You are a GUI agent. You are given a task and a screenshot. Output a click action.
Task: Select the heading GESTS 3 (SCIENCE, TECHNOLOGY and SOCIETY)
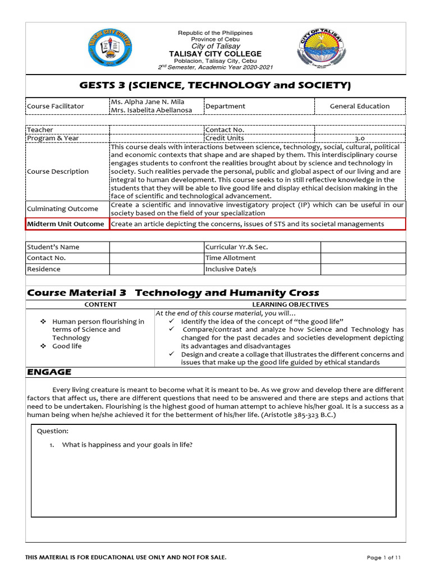215,85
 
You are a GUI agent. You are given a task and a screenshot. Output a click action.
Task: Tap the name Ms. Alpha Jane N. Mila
148,102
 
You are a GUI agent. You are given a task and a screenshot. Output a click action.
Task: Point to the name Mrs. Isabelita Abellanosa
152,110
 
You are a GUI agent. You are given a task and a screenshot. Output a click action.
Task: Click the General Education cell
359,106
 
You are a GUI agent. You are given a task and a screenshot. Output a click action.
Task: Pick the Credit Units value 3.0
359,138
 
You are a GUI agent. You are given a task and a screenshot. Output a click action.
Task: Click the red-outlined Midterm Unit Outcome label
67,224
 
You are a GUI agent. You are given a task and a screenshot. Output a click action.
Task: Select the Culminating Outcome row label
62,209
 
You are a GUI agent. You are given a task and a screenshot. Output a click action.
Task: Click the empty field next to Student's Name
157,247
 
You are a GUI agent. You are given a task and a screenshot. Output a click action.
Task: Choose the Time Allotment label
231,258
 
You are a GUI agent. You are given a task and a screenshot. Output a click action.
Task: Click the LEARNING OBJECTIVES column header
290,304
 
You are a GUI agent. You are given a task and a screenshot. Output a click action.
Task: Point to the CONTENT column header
100,304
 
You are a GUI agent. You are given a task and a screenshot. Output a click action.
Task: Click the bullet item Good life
67,346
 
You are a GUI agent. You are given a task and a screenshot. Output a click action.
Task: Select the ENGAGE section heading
49,372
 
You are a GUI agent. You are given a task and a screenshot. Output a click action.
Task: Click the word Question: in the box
53,431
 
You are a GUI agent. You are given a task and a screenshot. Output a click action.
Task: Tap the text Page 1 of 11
384,557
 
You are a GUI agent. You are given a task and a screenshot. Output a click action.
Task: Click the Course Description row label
58,172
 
